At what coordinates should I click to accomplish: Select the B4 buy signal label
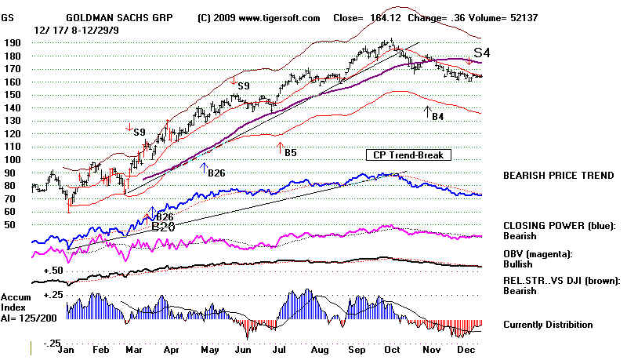(437, 116)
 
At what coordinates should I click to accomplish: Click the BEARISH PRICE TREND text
(558, 175)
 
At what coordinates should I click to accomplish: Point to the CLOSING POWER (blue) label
(558, 224)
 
